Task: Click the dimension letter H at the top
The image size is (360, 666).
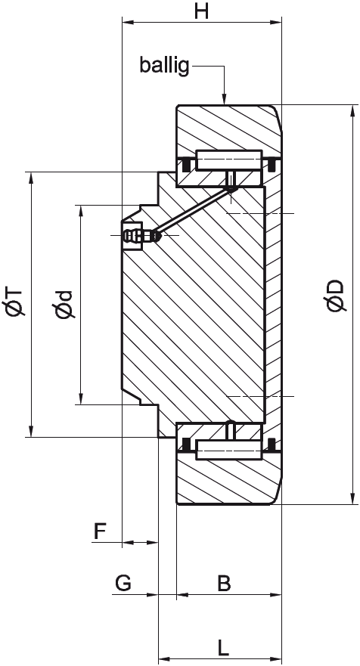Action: pos(201,11)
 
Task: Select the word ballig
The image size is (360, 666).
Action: pos(164,67)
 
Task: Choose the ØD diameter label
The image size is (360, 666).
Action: pos(334,296)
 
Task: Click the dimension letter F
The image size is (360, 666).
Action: pos(100,531)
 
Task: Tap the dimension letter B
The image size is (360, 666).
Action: pos(224,584)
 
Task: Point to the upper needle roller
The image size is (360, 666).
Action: pos(228,160)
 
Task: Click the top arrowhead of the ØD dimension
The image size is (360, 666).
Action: pos(352,111)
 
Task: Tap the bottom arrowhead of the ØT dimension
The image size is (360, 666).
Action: pos(30,431)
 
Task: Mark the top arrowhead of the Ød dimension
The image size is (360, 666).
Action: pos(80,212)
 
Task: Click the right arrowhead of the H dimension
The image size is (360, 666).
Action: pos(275,21)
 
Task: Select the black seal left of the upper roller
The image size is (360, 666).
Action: pos(185,163)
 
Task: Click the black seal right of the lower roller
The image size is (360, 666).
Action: pos(272,445)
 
